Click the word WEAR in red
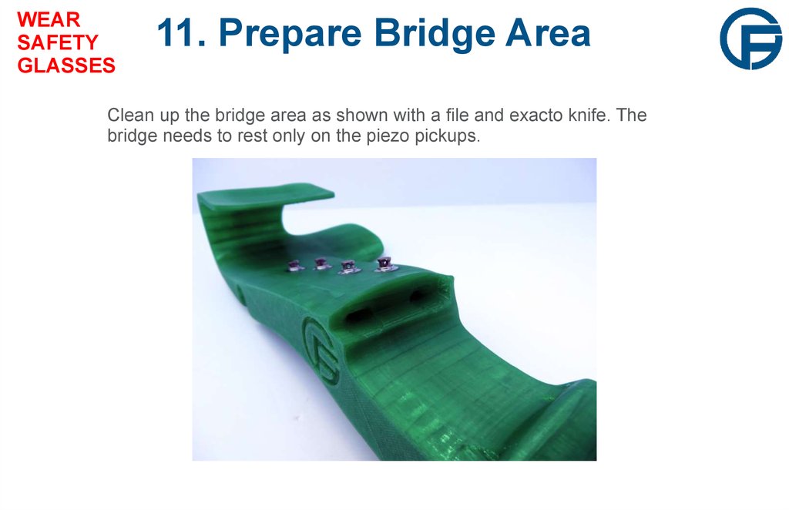49,19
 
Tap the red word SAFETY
58,42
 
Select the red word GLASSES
66,66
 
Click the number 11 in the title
179,33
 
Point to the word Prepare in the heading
295,35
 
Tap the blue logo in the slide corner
750,39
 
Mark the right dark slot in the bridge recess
423,295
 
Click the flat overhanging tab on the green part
308,194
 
